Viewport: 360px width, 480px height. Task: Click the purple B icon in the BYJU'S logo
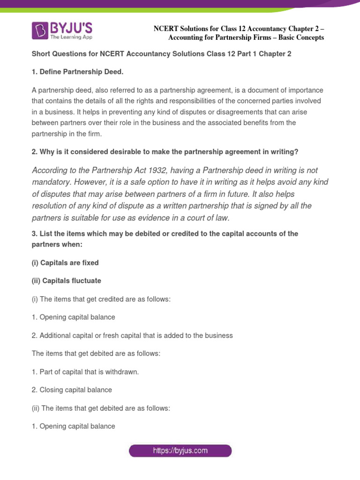click(40, 30)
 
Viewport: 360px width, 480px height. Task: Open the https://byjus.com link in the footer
click(180, 451)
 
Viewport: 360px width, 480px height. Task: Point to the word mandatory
click(51, 182)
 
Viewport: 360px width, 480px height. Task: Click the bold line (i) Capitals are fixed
click(65, 263)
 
